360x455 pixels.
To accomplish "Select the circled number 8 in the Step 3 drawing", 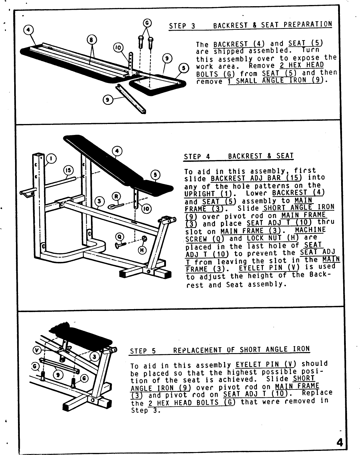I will pyautogui.click(x=91, y=40).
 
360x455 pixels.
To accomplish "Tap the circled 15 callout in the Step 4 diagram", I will pyautogui.click(x=68, y=171).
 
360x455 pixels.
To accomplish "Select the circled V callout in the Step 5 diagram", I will pyautogui.click(x=37, y=350).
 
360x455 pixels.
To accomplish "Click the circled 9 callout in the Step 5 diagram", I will pyautogui.click(x=58, y=374).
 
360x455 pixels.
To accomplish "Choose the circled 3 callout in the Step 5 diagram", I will pyautogui.click(x=94, y=357).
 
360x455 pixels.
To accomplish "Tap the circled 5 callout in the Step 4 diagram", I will pyautogui.click(x=155, y=175).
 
